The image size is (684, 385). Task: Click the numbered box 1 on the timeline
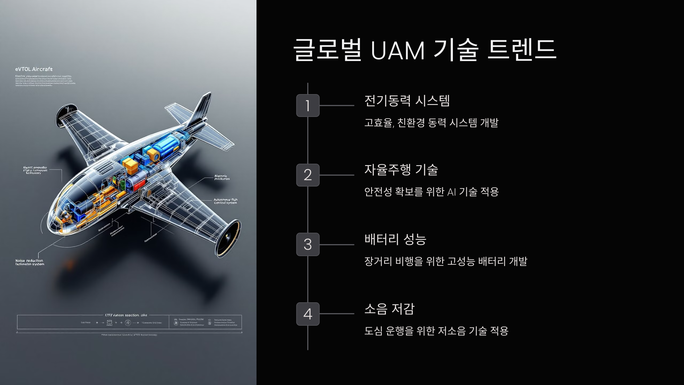click(308, 106)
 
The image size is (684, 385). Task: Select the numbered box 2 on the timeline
click(308, 175)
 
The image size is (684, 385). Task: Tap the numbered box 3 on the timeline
click(308, 244)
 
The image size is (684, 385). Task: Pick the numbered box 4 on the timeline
click(308, 314)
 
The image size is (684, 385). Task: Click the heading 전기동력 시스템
click(407, 101)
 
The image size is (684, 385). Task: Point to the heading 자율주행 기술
click(401, 170)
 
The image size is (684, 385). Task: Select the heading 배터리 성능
click(395, 239)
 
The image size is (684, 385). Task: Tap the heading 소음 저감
click(389, 309)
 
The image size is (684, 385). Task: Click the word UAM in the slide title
click(398, 51)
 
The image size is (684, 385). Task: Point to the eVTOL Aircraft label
click(34, 69)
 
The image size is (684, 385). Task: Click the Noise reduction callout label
click(30, 262)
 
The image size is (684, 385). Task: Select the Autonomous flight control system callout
click(225, 201)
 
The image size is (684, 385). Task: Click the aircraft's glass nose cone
click(57, 217)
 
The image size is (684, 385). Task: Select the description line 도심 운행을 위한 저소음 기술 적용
click(436, 331)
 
